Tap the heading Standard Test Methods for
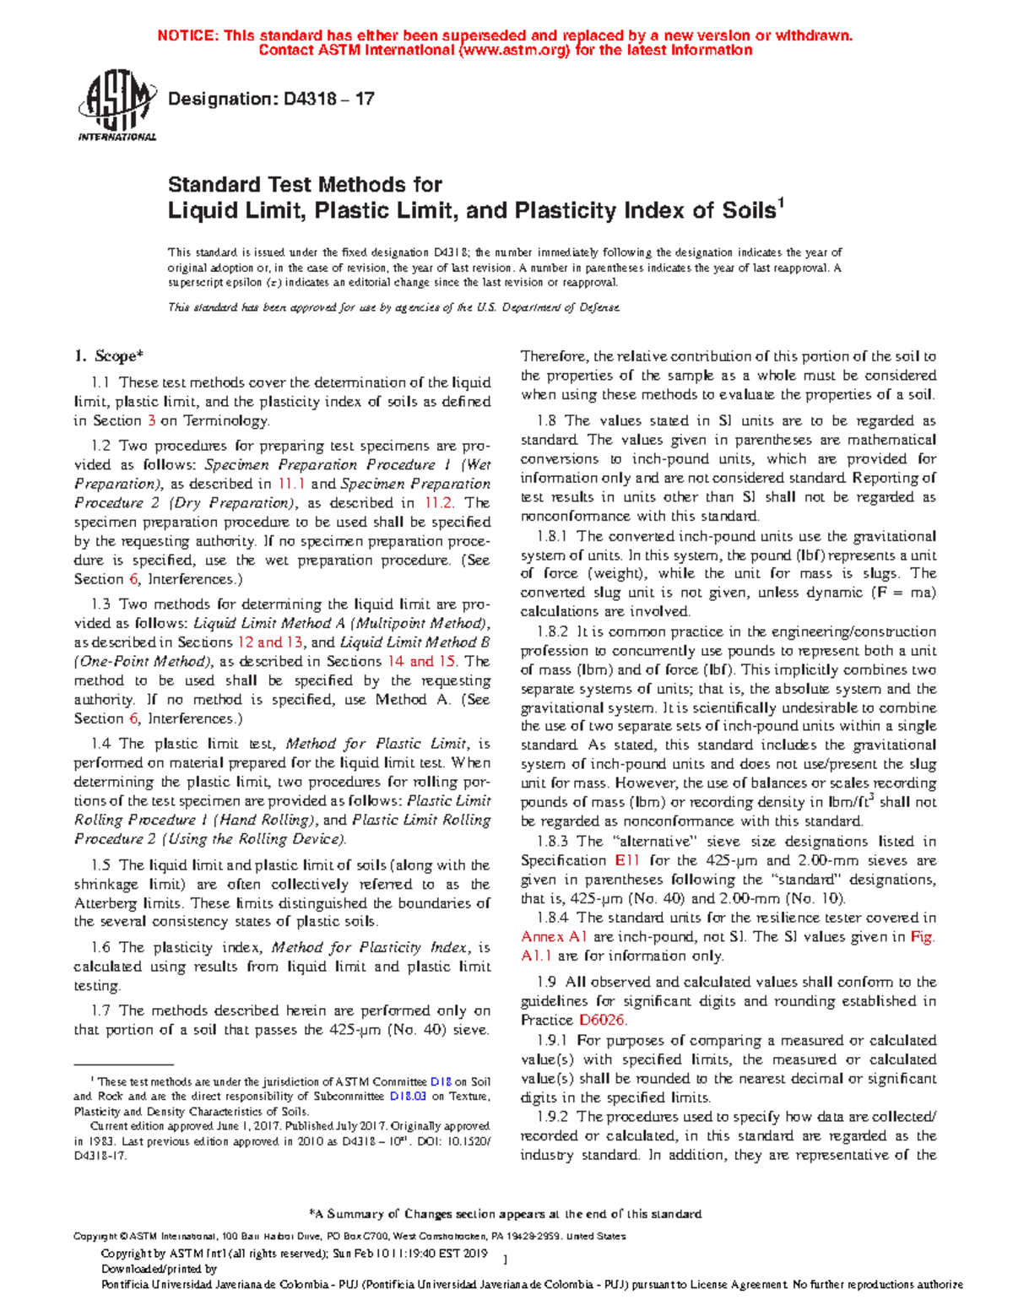(305, 184)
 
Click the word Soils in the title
(745, 210)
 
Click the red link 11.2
(438, 502)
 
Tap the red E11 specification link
(627, 860)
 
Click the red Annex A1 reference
(554, 936)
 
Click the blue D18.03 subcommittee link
(408, 1097)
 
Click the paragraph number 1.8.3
(552, 841)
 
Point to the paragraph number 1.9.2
(552, 1116)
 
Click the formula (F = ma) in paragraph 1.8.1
(903, 592)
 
